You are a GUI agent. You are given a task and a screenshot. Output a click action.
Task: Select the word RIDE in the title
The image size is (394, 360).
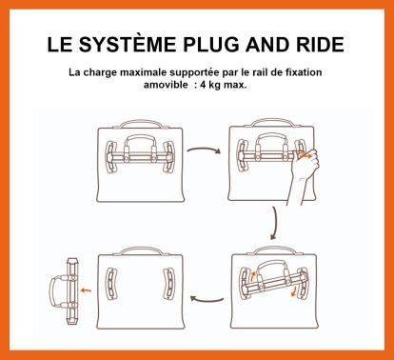(x=320, y=45)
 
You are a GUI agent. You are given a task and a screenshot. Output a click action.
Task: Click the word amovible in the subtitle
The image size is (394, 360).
(x=166, y=85)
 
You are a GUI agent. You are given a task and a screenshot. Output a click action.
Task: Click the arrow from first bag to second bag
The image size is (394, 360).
(x=204, y=150)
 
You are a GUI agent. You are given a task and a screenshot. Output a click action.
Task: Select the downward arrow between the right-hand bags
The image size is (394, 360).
(x=275, y=223)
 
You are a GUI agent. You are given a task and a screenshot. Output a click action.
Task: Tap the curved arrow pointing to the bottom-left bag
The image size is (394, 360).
(x=207, y=299)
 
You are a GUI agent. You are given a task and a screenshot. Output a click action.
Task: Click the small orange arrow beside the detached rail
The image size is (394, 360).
(x=86, y=290)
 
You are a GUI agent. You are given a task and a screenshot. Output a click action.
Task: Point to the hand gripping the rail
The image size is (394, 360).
(x=304, y=171)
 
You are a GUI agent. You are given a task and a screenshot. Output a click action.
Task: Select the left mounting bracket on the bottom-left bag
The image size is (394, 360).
(x=111, y=284)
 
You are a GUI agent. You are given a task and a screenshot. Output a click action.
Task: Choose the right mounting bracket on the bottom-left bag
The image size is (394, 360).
(x=169, y=284)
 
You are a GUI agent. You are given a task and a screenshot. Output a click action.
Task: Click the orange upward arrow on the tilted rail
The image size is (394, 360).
(x=253, y=276)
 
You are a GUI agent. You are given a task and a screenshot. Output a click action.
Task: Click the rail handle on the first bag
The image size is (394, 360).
(x=140, y=140)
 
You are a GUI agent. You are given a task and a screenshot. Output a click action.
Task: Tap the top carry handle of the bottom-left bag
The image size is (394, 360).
(x=141, y=250)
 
